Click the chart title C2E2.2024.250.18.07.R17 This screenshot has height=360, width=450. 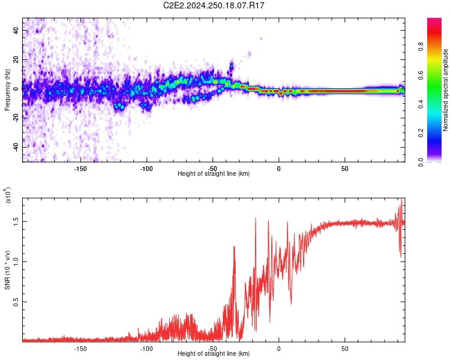tap(214, 5)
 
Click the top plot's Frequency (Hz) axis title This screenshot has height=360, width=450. tap(7, 90)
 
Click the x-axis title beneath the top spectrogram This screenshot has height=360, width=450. tap(214, 174)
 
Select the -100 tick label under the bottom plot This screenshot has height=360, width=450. tap(147, 348)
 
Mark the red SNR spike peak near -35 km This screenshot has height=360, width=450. tap(233, 247)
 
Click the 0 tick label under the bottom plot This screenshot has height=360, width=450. tap(278, 348)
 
